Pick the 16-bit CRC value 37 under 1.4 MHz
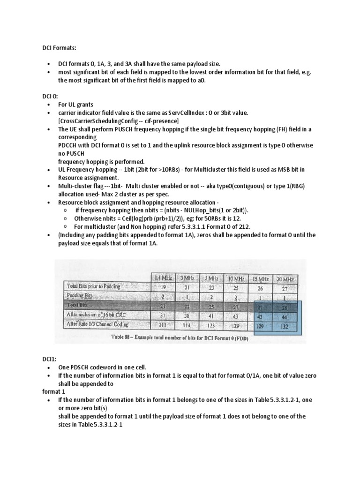(x=163, y=316)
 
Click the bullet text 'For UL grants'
(x=76, y=105)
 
